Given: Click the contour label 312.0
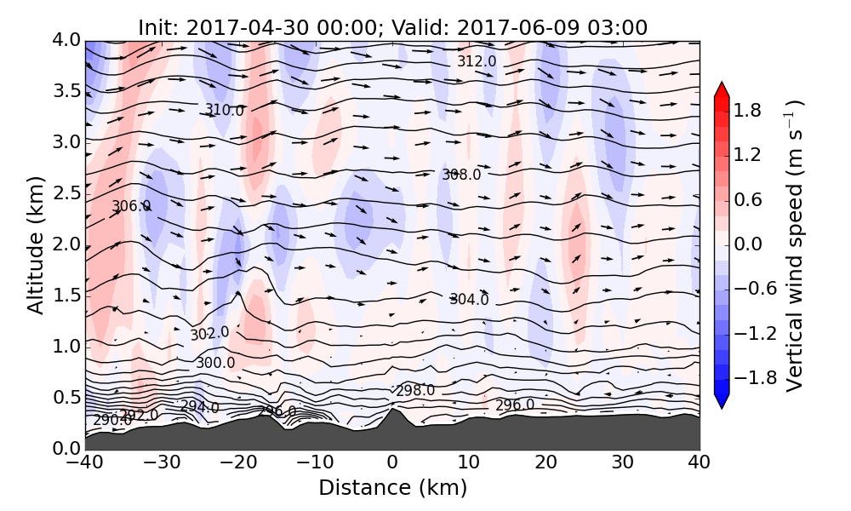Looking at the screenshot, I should pyautogui.click(x=477, y=61).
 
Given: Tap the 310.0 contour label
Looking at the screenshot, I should pyautogui.click(x=224, y=110).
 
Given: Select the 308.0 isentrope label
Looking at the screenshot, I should pyautogui.click(x=461, y=175).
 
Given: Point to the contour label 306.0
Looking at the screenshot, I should pyautogui.click(x=131, y=206).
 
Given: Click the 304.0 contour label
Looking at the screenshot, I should pyautogui.click(x=469, y=299).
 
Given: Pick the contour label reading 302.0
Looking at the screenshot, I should pyautogui.click(x=209, y=334).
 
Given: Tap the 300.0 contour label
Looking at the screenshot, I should pyautogui.click(x=215, y=363).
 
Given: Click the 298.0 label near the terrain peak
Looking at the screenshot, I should pyautogui.click(x=415, y=391).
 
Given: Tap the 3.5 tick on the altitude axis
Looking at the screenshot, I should pyautogui.click(x=68, y=91).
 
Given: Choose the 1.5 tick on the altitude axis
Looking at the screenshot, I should pyautogui.click(x=68, y=296).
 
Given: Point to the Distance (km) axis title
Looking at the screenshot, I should pyautogui.click(x=392, y=488).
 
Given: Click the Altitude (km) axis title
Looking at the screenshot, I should pyautogui.click(x=35, y=244).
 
